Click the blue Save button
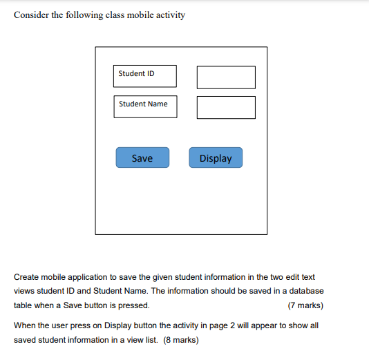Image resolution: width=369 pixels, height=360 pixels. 142,158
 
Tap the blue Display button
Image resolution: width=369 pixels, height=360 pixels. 216,158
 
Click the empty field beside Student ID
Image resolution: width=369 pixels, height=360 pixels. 226,77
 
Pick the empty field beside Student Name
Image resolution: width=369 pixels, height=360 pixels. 226,107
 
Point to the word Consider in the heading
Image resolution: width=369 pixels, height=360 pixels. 30,15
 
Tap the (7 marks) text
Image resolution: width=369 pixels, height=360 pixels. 305,305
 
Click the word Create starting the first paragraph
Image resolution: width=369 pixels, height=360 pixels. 26,277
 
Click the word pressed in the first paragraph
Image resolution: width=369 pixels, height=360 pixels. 133,305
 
